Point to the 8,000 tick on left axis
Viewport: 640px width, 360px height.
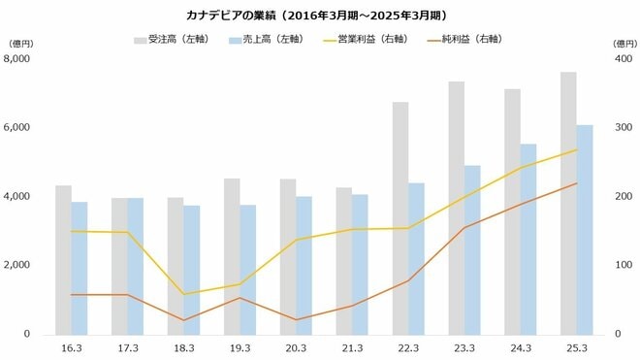coord(18,59)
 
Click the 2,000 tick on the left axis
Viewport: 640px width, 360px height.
coord(18,265)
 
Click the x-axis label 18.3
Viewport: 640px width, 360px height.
coord(183,347)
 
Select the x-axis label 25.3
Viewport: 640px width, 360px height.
coord(577,347)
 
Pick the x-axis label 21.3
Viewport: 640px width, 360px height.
coord(352,347)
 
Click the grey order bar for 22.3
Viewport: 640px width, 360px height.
coord(400,218)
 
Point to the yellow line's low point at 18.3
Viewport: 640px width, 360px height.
coord(183,294)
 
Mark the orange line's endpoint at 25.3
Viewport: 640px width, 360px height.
coord(577,183)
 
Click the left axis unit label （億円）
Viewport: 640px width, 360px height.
coord(22,44)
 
